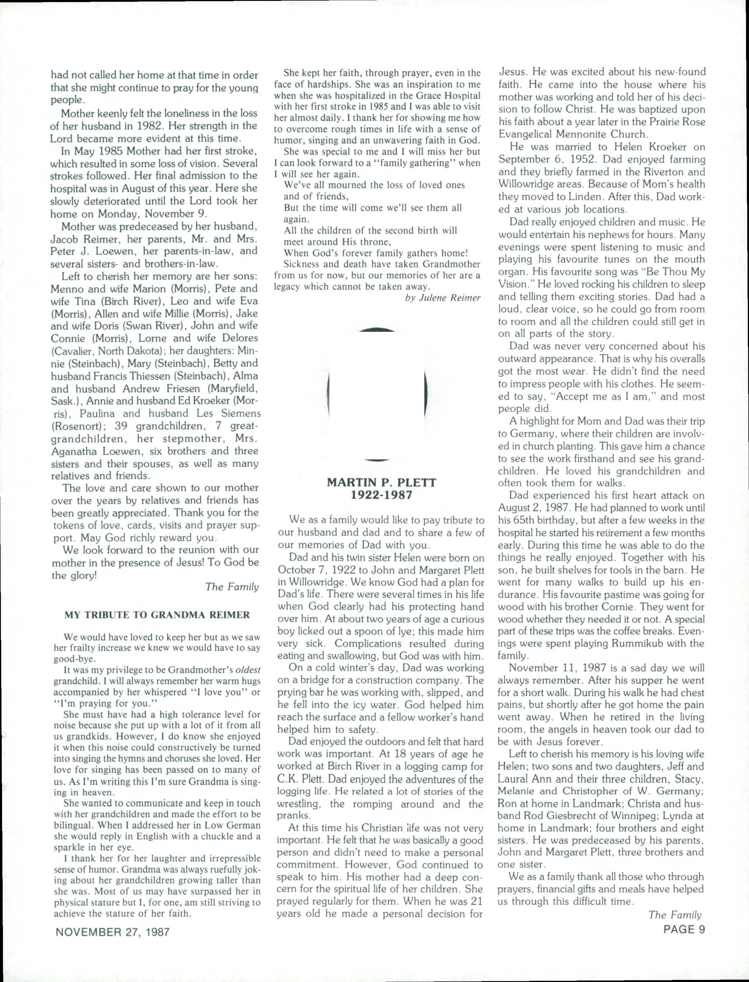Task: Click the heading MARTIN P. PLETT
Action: (x=381, y=482)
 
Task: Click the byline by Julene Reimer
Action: (x=443, y=298)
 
